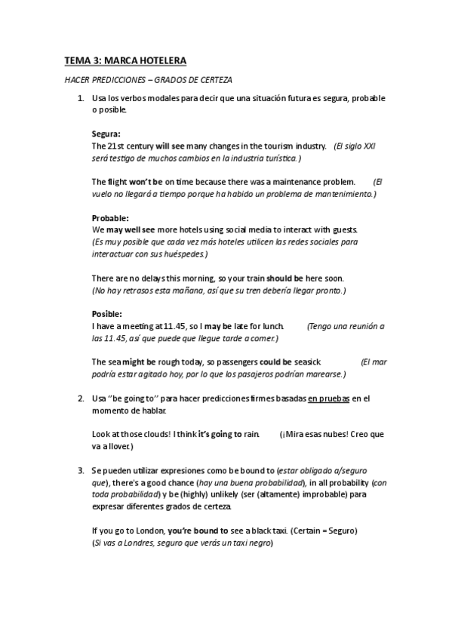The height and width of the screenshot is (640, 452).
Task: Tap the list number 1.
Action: [x=80, y=99]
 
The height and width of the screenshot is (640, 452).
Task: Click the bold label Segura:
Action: [x=106, y=134]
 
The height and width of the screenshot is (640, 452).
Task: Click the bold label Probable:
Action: [x=110, y=218]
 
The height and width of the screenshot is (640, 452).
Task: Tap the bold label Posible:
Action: [x=106, y=313]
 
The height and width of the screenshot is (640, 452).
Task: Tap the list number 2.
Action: [x=80, y=397]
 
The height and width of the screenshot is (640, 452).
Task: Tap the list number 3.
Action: [x=80, y=470]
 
